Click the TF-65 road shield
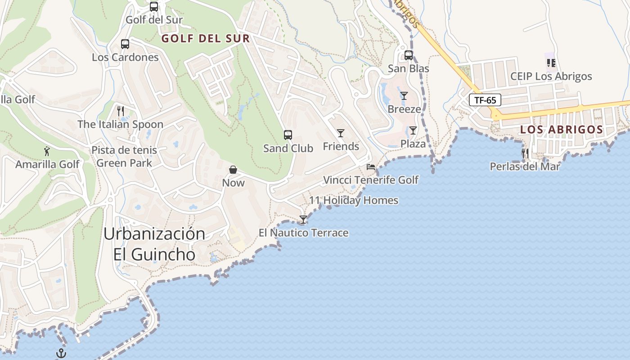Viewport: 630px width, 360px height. [485, 100]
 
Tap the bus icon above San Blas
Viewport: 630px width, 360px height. [409, 55]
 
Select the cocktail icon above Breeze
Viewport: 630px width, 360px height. [404, 96]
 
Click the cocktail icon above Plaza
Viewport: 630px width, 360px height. [413, 130]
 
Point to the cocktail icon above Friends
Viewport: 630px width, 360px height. [341, 133]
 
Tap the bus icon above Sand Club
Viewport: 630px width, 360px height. [288, 135]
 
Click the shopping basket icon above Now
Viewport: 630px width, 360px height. [233, 170]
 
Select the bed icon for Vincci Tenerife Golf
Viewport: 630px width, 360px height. [371, 167]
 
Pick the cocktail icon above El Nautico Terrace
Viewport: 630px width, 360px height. [303, 220]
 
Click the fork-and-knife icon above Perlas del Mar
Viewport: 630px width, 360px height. [525, 153]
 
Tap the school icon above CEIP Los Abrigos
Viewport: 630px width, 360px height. [551, 63]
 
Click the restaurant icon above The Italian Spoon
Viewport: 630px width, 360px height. [120, 111]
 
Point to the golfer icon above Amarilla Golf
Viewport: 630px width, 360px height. [47, 151]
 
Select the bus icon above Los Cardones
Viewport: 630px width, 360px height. [125, 44]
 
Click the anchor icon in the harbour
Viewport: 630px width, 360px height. [61, 353]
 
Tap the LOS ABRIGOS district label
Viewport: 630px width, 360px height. [562, 130]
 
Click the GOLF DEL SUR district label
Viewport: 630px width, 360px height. [206, 39]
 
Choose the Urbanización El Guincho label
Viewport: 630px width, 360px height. [154, 244]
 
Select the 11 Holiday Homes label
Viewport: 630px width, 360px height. [354, 200]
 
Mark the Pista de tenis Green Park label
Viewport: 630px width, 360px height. [125, 156]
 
